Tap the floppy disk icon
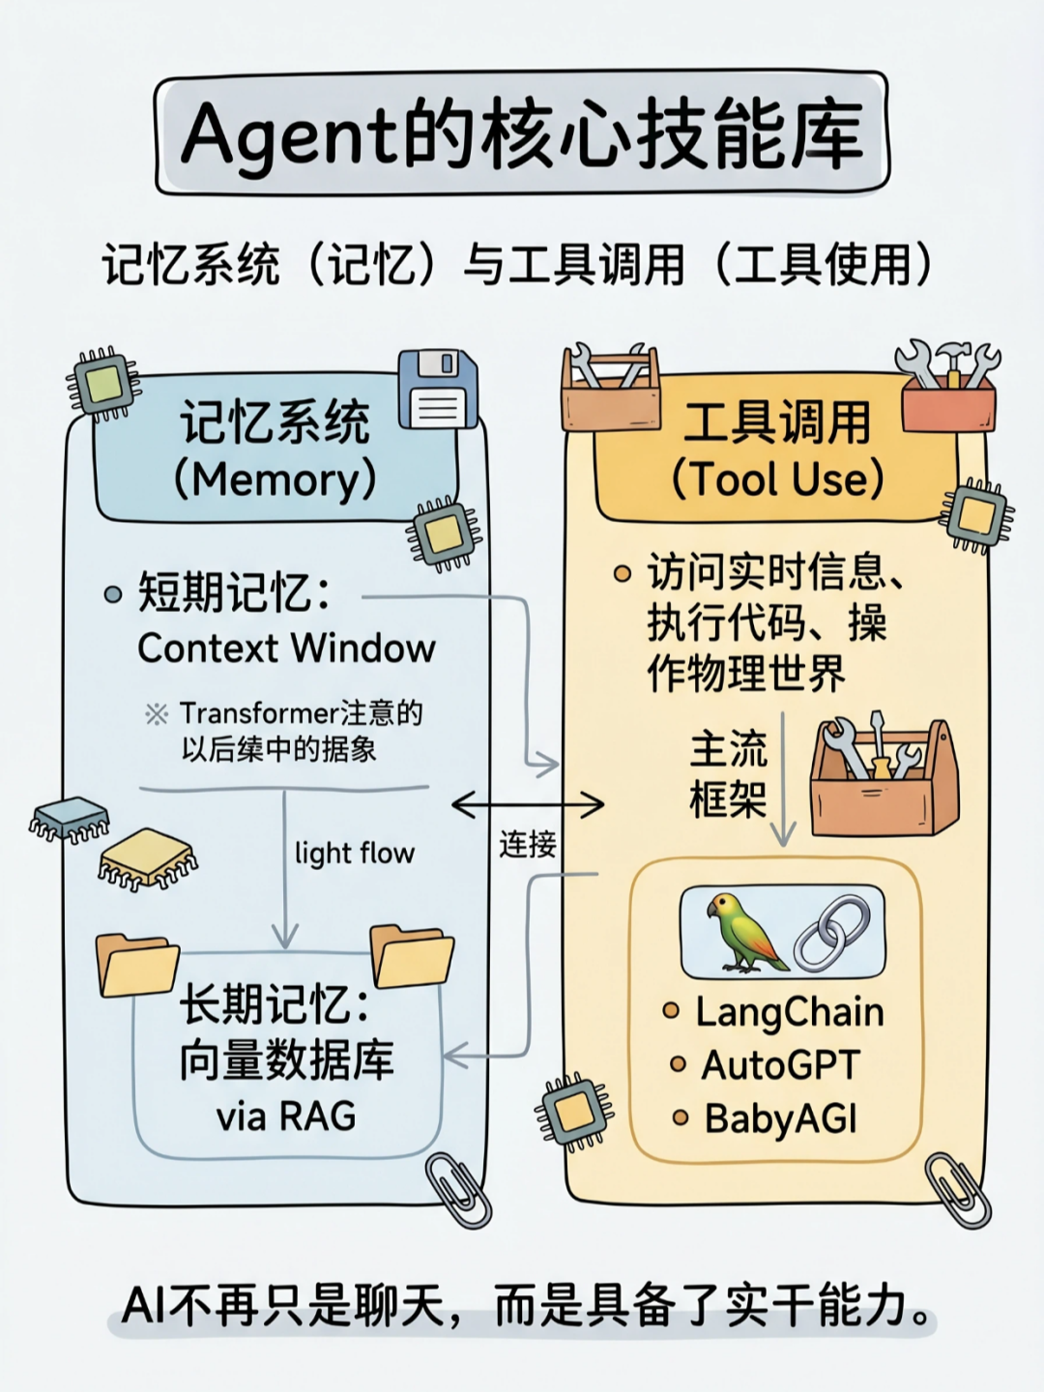(438, 390)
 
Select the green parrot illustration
(742, 933)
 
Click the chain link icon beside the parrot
(832, 932)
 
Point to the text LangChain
(789, 1012)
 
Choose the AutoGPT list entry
(779, 1065)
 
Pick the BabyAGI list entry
(780, 1118)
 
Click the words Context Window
(286, 648)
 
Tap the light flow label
(354, 853)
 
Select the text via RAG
(286, 1116)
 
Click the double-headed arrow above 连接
(528, 804)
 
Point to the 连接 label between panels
(528, 845)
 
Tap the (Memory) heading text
(275, 479)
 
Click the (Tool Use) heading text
(777, 478)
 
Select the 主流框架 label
(728, 774)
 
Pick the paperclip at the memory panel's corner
(458, 1188)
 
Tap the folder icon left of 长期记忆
(136, 964)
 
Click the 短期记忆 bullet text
(235, 593)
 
